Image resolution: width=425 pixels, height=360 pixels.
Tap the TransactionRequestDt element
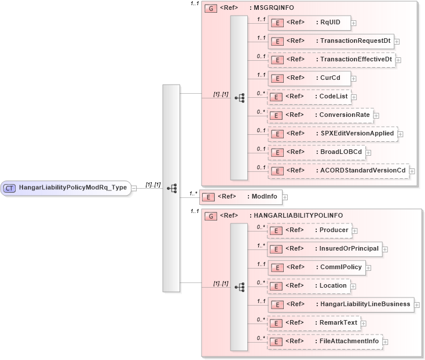point(330,41)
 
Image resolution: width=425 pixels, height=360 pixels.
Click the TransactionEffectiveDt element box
point(331,60)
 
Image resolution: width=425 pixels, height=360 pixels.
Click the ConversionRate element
point(320,115)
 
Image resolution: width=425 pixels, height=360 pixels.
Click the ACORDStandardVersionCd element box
point(338,170)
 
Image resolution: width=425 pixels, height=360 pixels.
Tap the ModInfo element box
point(240,197)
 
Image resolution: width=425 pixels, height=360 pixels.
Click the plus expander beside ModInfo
point(285,197)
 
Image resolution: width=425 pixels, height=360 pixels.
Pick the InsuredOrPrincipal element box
point(324,249)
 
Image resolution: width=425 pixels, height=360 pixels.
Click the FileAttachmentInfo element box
point(324,341)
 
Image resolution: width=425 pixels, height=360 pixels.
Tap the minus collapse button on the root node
point(134,188)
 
